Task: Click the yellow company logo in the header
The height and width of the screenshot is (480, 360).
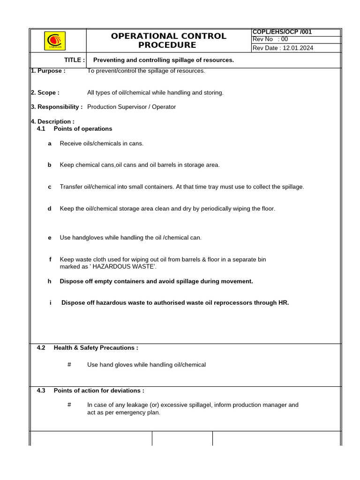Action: coord(55,40)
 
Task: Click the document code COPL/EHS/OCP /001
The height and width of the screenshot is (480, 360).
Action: coord(282,32)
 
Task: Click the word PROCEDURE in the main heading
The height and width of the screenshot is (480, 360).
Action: coord(167,45)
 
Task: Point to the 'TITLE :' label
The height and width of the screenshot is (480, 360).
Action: coord(75,60)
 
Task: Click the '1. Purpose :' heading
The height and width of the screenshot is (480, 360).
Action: coord(48,71)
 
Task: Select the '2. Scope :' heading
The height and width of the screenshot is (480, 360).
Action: coord(45,93)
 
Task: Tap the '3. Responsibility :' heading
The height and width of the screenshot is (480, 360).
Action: coord(56,107)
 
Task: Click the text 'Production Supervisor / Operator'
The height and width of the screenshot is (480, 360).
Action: coord(131,107)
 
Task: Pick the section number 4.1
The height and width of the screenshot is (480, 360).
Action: coord(41,128)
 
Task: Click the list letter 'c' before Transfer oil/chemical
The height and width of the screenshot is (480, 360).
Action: coord(49,187)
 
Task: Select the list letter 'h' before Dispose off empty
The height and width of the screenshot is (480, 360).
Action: coord(49,281)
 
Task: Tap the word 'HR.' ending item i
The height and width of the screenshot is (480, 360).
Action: coord(284,303)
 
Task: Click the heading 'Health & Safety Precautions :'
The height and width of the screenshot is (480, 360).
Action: coord(96,348)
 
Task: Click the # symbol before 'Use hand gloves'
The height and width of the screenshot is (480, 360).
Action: coord(69,365)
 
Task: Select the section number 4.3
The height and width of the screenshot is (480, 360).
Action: coord(41,390)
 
